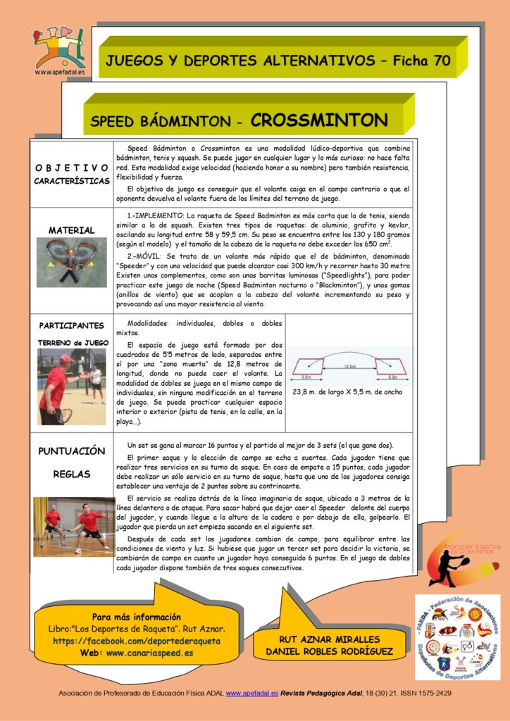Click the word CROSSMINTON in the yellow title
click(x=318, y=120)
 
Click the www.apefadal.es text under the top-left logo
click(x=60, y=71)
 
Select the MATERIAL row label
click(x=71, y=230)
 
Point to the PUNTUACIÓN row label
click(x=71, y=451)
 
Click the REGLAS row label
click(x=71, y=475)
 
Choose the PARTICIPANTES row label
click(x=71, y=326)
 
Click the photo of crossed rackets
click(x=71, y=263)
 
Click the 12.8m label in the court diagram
click(x=349, y=366)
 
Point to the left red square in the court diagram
click(x=309, y=366)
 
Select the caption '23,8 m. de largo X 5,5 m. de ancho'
click(x=347, y=392)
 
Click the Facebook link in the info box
click(x=137, y=641)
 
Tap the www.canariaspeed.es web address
click(x=149, y=653)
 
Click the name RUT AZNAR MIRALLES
click(x=329, y=639)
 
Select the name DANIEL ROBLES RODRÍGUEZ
click(x=329, y=651)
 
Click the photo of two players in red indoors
click(x=74, y=527)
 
